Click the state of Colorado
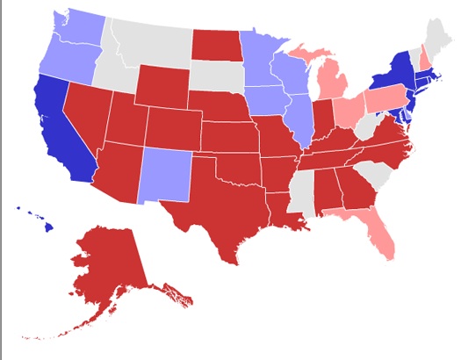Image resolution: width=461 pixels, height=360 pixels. pyautogui.click(x=171, y=127)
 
